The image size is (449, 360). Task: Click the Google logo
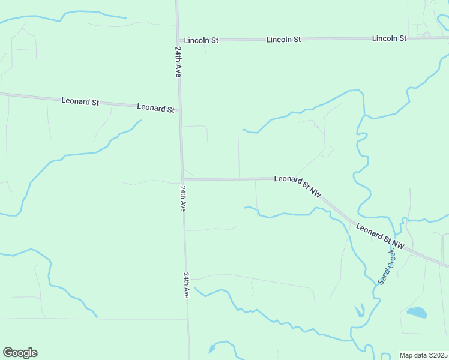20,353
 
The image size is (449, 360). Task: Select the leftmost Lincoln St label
201,40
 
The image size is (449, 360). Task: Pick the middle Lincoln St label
283,39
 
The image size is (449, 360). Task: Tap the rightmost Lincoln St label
389,38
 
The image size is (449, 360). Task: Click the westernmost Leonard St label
80,101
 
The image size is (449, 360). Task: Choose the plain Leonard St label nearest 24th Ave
155,108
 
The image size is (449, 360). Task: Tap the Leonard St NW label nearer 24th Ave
298,186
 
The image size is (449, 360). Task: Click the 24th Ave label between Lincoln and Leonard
178,61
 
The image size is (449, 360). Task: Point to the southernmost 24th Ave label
187,285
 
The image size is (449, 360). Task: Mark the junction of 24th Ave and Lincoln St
178,40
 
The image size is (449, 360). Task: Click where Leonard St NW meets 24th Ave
182,179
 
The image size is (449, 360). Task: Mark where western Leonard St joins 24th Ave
180,110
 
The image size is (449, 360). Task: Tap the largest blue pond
417,312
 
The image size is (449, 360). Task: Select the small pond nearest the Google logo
212,348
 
